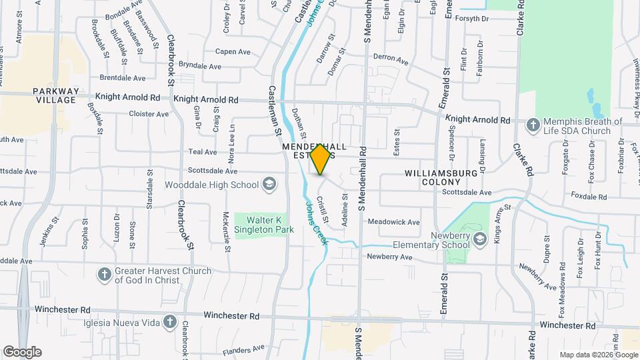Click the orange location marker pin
pyautogui.click(x=321, y=159)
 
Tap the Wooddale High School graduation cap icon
pyautogui.click(x=269, y=184)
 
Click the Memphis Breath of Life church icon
pyautogui.click(x=533, y=125)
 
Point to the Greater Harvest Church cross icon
pyautogui.click(x=104, y=275)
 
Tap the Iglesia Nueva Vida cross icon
pyautogui.click(x=170, y=322)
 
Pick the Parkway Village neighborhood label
pyautogui.click(x=56, y=95)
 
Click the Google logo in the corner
pyautogui.click(x=22, y=352)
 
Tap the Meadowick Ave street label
pyautogui.click(x=394, y=222)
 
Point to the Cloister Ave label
pyautogui.click(x=149, y=114)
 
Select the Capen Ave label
pyautogui.click(x=231, y=51)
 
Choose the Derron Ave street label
pyautogui.click(x=391, y=60)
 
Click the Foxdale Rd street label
pyautogui.click(x=589, y=197)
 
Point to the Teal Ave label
pyautogui.click(x=203, y=152)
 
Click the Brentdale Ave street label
pyautogui.click(x=122, y=78)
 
